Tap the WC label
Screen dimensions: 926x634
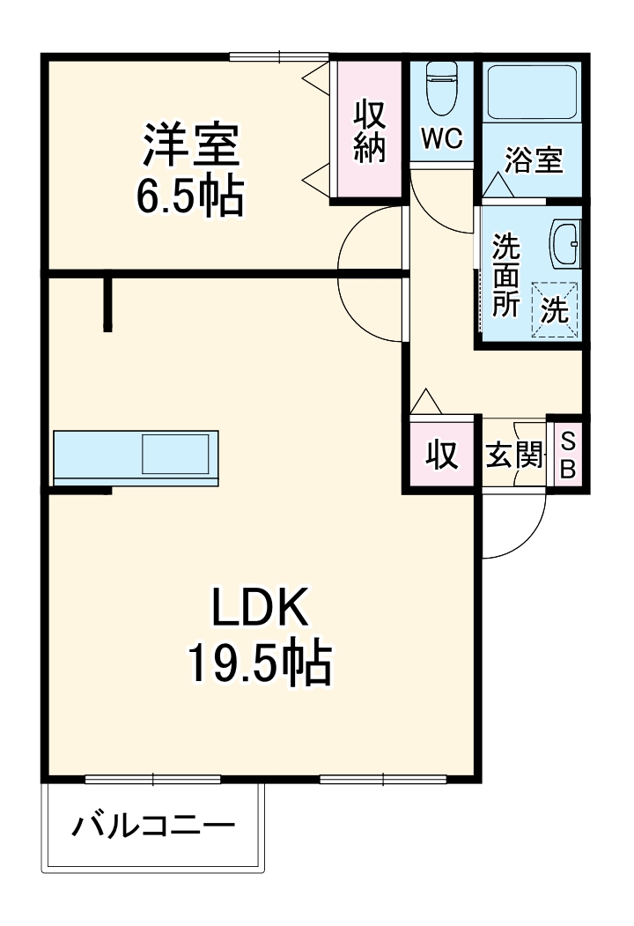pyautogui.click(x=441, y=139)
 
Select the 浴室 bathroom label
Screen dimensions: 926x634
pyautogui.click(x=533, y=161)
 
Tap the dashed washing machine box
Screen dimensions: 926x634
pyautogui.click(x=555, y=308)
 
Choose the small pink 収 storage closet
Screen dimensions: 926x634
pyautogui.click(x=442, y=455)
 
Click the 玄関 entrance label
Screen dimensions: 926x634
pyautogui.click(x=514, y=456)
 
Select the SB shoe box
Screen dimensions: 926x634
pyautogui.click(x=568, y=455)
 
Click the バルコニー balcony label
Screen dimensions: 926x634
pyautogui.click(x=154, y=826)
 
